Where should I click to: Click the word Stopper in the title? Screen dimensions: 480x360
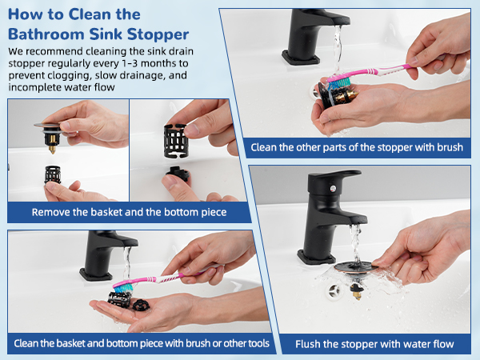[x=158, y=34]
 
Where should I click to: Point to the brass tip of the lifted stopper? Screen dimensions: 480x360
[x=52, y=150]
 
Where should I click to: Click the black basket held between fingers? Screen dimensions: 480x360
[x=176, y=141]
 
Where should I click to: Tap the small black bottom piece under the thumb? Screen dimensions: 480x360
[x=178, y=174]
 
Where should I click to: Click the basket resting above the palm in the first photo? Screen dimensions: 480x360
[x=53, y=174]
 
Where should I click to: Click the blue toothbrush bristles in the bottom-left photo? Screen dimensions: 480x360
[x=122, y=287]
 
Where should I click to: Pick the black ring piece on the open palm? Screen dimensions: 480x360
[x=142, y=306]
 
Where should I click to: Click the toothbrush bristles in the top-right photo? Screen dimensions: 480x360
[x=339, y=82]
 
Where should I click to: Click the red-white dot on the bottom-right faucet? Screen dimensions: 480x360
[x=333, y=189]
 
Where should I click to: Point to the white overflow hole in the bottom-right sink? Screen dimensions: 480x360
[x=334, y=291]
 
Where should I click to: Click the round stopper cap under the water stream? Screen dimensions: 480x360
[x=356, y=267]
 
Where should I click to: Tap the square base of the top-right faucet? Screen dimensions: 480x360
[x=300, y=58]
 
